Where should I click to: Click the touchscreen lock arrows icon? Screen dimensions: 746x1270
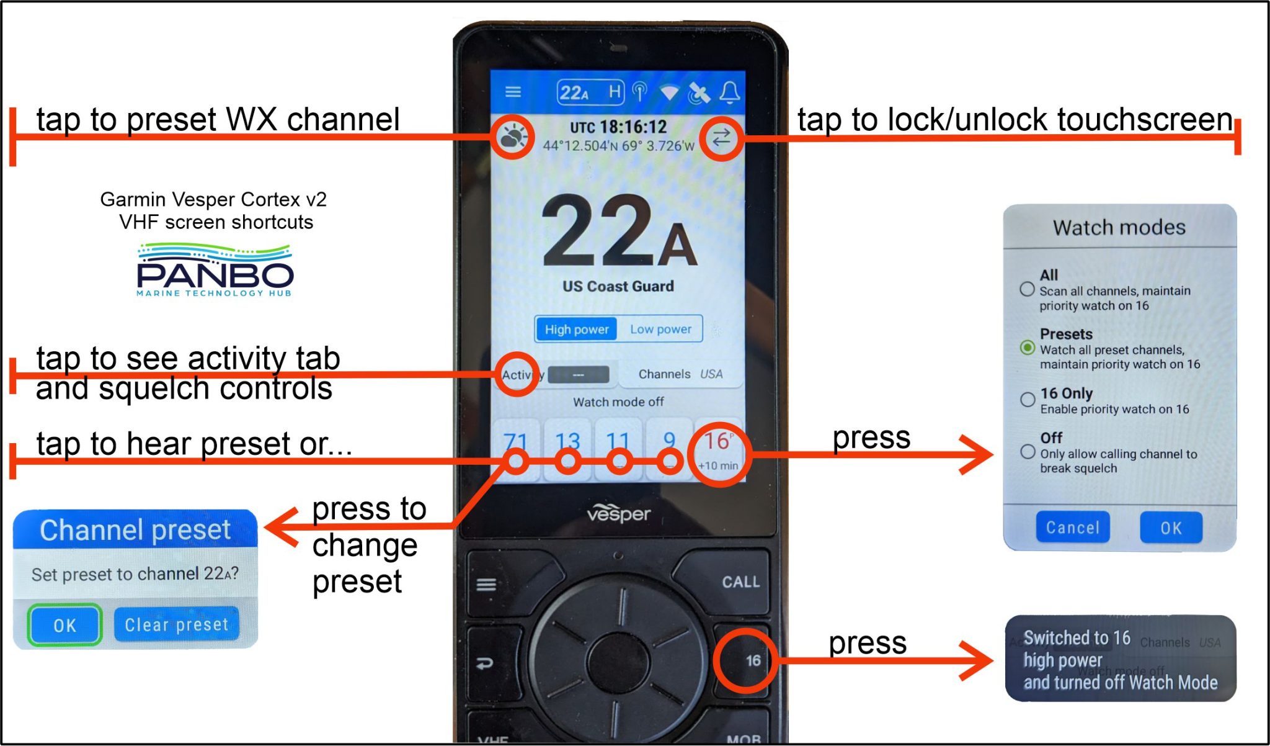(721, 138)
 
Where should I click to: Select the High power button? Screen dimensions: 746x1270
(576, 329)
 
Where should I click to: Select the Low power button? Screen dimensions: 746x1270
(660, 329)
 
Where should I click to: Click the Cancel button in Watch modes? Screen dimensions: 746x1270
(1072, 528)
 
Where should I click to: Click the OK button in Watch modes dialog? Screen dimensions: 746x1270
(1171, 528)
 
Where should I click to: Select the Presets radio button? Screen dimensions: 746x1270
(1027, 348)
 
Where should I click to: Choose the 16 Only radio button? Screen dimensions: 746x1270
(1028, 399)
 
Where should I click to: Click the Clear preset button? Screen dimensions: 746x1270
(177, 624)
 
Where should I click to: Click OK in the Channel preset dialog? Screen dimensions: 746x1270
(64, 624)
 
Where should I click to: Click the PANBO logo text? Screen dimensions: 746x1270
(215, 274)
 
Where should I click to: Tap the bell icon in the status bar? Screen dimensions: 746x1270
(729, 93)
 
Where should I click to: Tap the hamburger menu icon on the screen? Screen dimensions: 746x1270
(513, 92)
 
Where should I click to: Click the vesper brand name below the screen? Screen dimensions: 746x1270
(618, 514)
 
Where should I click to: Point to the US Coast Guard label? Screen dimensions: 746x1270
(618, 286)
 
